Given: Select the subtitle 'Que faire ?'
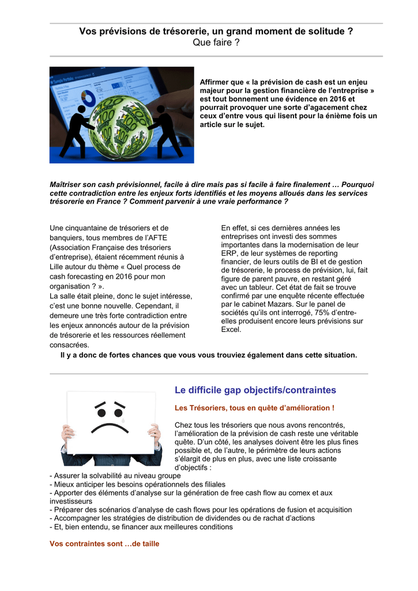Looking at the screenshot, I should pyautogui.click(x=216, y=43).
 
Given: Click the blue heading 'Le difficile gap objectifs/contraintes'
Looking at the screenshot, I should pyautogui.click(x=255, y=390).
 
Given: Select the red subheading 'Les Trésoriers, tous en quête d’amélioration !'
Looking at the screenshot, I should pyautogui.click(x=254, y=408).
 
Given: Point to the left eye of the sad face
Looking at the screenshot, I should pyautogui.click(x=101, y=413).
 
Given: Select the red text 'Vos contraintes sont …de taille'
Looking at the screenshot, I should pyautogui.click(x=104, y=544).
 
